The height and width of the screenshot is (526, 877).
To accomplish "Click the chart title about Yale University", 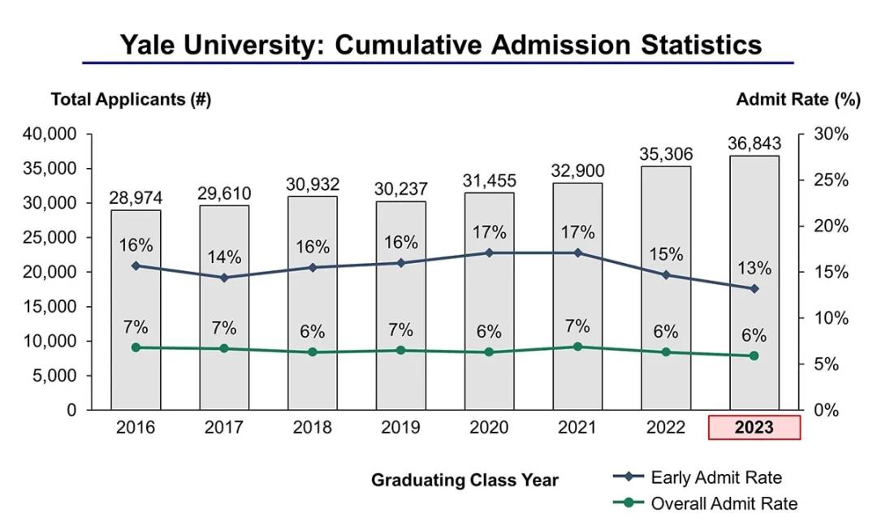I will coord(441,44).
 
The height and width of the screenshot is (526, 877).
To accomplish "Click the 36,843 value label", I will coord(754,144).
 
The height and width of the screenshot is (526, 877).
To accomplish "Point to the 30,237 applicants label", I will coord(400,188).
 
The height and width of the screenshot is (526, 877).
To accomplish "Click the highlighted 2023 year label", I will coord(754,428).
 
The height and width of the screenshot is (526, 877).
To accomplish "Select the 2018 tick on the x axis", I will coord(312,428).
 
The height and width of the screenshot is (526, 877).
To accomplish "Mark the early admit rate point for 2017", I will coord(224,278).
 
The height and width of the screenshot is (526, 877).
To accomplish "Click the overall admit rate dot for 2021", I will coord(577,347).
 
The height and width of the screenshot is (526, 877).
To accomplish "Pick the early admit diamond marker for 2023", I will coord(754,289).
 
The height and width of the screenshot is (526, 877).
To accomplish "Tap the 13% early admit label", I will coord(754,268).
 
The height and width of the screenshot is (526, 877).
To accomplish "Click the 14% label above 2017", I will coord(224,257).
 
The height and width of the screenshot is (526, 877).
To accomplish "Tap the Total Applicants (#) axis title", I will coord(131,99).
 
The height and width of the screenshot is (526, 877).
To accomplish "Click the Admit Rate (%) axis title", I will coord(797,99).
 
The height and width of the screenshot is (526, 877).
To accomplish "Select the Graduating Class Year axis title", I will coord(464,480).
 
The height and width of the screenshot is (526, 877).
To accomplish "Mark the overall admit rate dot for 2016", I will coord(136,347).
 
